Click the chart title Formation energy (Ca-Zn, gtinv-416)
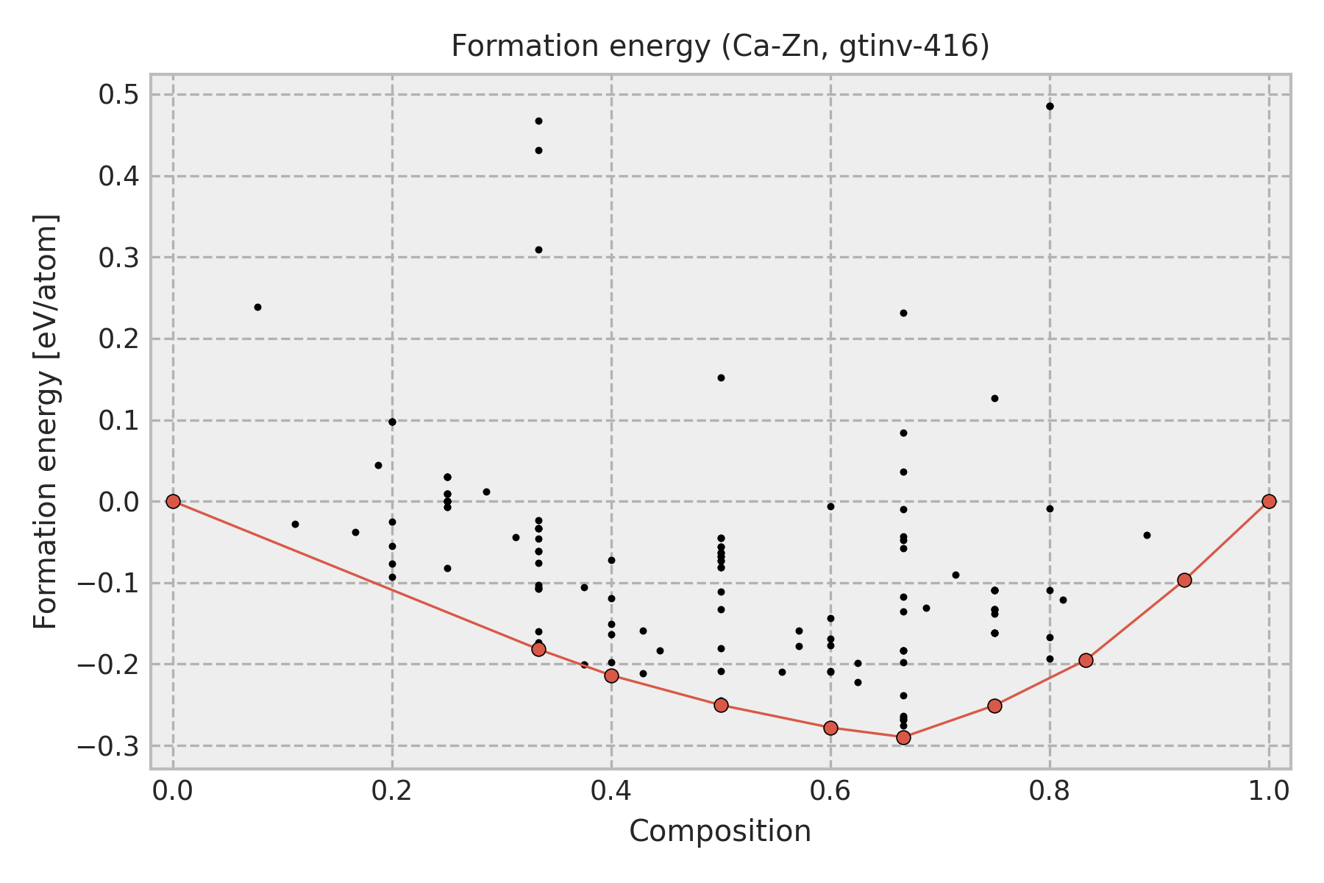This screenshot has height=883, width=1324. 719,46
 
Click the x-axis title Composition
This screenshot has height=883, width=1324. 719,831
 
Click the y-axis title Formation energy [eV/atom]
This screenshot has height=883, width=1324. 46,421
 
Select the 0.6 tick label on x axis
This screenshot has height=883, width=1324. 830,791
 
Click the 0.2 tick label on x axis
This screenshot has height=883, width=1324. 392,791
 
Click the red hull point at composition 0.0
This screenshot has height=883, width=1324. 173,501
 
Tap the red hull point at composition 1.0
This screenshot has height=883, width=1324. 1269,501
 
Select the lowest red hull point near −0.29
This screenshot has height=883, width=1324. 903,737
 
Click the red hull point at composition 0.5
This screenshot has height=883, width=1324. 721,705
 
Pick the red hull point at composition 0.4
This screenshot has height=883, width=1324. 611,675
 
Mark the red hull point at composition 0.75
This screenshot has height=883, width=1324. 994,706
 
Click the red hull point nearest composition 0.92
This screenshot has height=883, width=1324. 1184,580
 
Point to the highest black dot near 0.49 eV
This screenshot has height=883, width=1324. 1050,106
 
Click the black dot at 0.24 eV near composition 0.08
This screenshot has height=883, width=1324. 257,307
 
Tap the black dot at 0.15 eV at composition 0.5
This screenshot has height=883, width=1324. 721,377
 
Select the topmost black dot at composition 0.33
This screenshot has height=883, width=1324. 538,121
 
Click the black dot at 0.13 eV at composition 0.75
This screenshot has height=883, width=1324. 994,398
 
